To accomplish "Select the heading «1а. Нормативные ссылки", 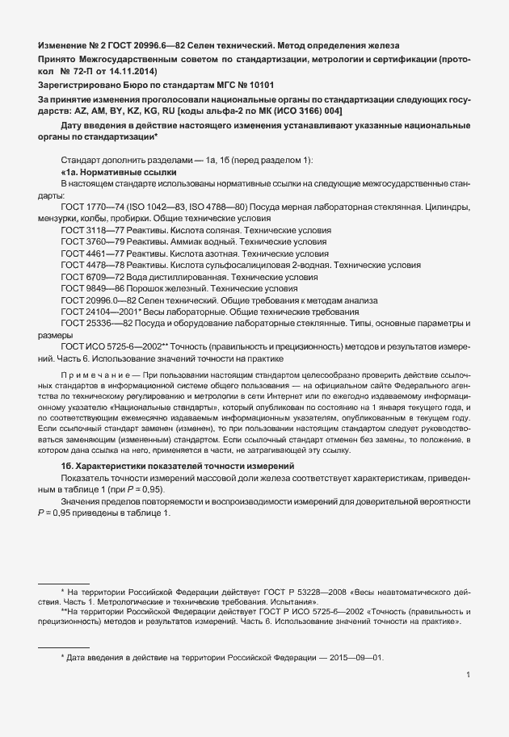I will (x=119, y=173).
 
